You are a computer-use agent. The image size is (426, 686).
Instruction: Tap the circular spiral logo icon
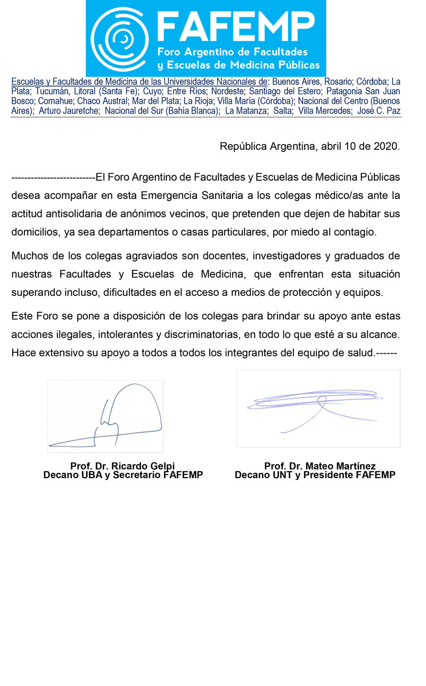(x=120, y=39)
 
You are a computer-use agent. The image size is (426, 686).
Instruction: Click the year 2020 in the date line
(x=387, y=146)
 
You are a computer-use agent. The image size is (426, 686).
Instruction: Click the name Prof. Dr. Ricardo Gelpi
(x=122, y=466)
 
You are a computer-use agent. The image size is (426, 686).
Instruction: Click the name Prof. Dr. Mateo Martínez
(x=319, y=466)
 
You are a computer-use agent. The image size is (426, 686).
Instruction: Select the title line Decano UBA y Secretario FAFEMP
(x=123, y=475)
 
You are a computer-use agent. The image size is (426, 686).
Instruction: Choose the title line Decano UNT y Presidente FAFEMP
(x=315, y=475)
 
